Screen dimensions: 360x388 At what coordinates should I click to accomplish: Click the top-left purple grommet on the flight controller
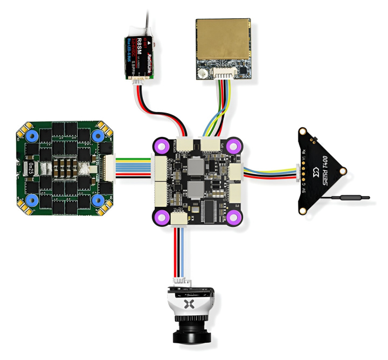pyautogui.click(x=163, y=146)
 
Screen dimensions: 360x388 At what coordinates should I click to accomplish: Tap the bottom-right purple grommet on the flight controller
pyautogui.click(x=232, y=217)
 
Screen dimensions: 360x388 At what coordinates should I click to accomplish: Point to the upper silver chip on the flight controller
pyautogui.click(x=196, y=167)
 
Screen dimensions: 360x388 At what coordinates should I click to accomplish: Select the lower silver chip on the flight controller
pyautogui.click(x=195, y=190)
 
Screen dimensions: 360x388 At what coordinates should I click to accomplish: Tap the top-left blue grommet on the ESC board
pyautogui.click(x=28, y=136)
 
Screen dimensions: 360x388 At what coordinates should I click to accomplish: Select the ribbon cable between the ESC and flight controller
pyautogui.click(x=134, y=164)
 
